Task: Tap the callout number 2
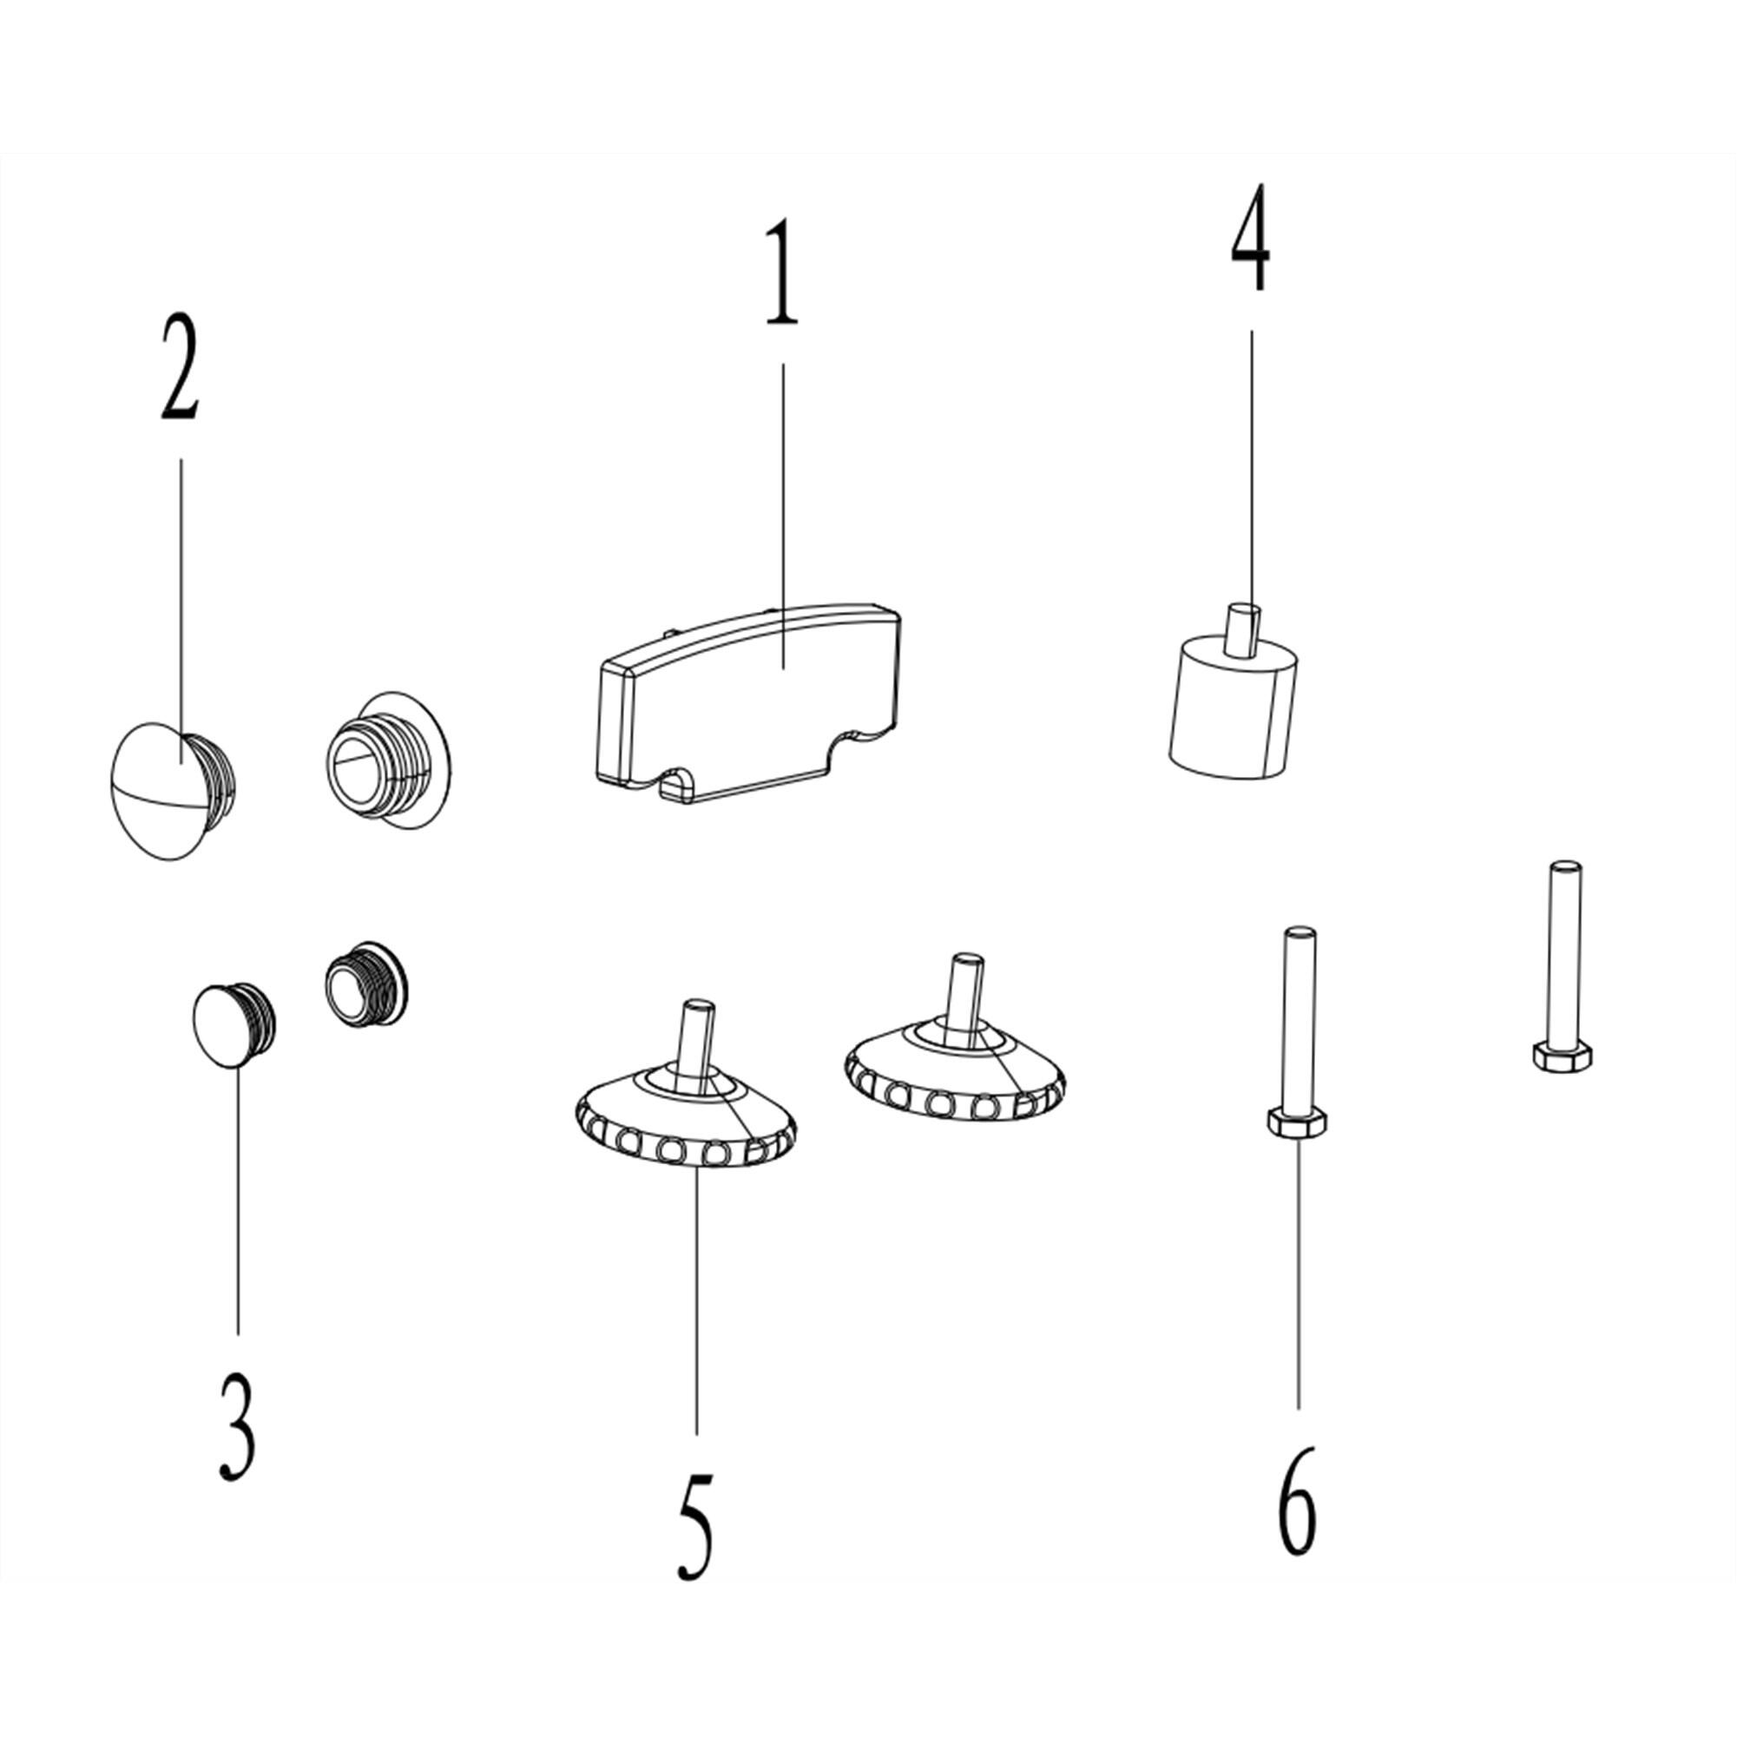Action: (180, 366)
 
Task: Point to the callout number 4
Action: (1251, 237)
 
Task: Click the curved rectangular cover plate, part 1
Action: (748, 702)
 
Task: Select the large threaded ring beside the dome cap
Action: (388, 759)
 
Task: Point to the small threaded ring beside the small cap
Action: (366, 984)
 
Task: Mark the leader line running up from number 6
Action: (1299, 1273)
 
